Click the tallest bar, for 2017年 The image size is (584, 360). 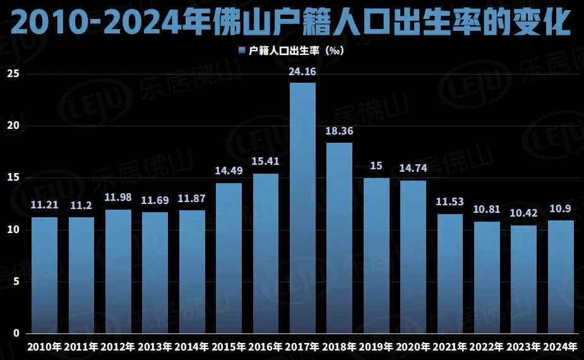coord(302,208)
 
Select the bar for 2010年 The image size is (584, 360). coord(44,275)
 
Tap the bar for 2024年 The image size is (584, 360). coord(561,277)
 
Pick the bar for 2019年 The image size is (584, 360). coord(376,256)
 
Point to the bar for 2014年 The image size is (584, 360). coord(192,272)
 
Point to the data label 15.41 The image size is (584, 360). coord(266,162)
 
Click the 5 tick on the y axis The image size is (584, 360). coord(17,282)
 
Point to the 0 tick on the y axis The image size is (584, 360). coord(17,333)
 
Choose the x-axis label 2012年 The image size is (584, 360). coord(118,347)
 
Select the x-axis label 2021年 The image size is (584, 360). coord(450,347)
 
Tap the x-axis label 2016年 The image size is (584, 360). coord(266,347)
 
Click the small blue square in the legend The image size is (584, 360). coord(242,51)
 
